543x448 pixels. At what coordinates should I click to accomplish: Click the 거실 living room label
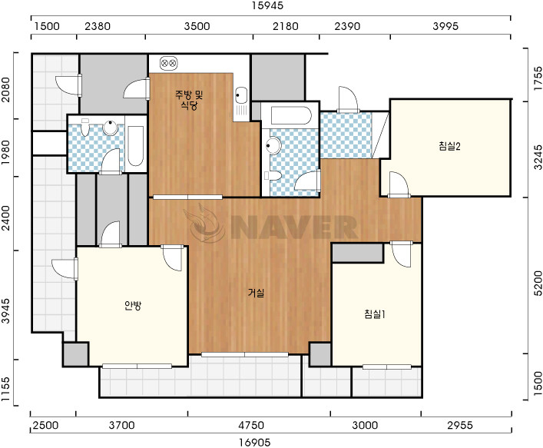pos(256,293)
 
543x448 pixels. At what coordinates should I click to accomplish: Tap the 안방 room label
pos(133,305)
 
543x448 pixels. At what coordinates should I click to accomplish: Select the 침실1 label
pos(375,314)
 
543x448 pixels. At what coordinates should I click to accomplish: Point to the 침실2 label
pos(449,146)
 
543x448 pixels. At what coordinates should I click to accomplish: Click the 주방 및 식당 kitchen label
pos(189,100)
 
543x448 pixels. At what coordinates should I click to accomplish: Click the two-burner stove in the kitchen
pos(169,64)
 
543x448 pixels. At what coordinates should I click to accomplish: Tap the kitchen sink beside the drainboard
pos(240,95)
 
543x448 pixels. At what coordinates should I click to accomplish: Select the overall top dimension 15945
pos(268,5)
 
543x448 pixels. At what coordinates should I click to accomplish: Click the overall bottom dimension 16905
pos(254,443)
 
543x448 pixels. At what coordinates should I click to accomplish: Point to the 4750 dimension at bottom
pos(251,425)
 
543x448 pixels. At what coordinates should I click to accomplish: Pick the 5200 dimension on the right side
pos(538,284)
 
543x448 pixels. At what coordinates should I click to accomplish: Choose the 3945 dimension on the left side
pos(5,310)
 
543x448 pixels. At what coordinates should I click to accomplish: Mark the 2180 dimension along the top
pos(286,26)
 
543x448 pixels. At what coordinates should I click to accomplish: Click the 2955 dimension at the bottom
pos(460,425)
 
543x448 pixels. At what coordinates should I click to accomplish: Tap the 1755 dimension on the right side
pos(538,78)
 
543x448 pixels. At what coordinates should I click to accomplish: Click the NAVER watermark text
pos(294,227)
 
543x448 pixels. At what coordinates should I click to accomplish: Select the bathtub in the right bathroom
pos(291,115)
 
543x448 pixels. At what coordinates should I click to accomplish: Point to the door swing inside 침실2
pos(399,184)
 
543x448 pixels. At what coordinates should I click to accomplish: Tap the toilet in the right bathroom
pos(273,176)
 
